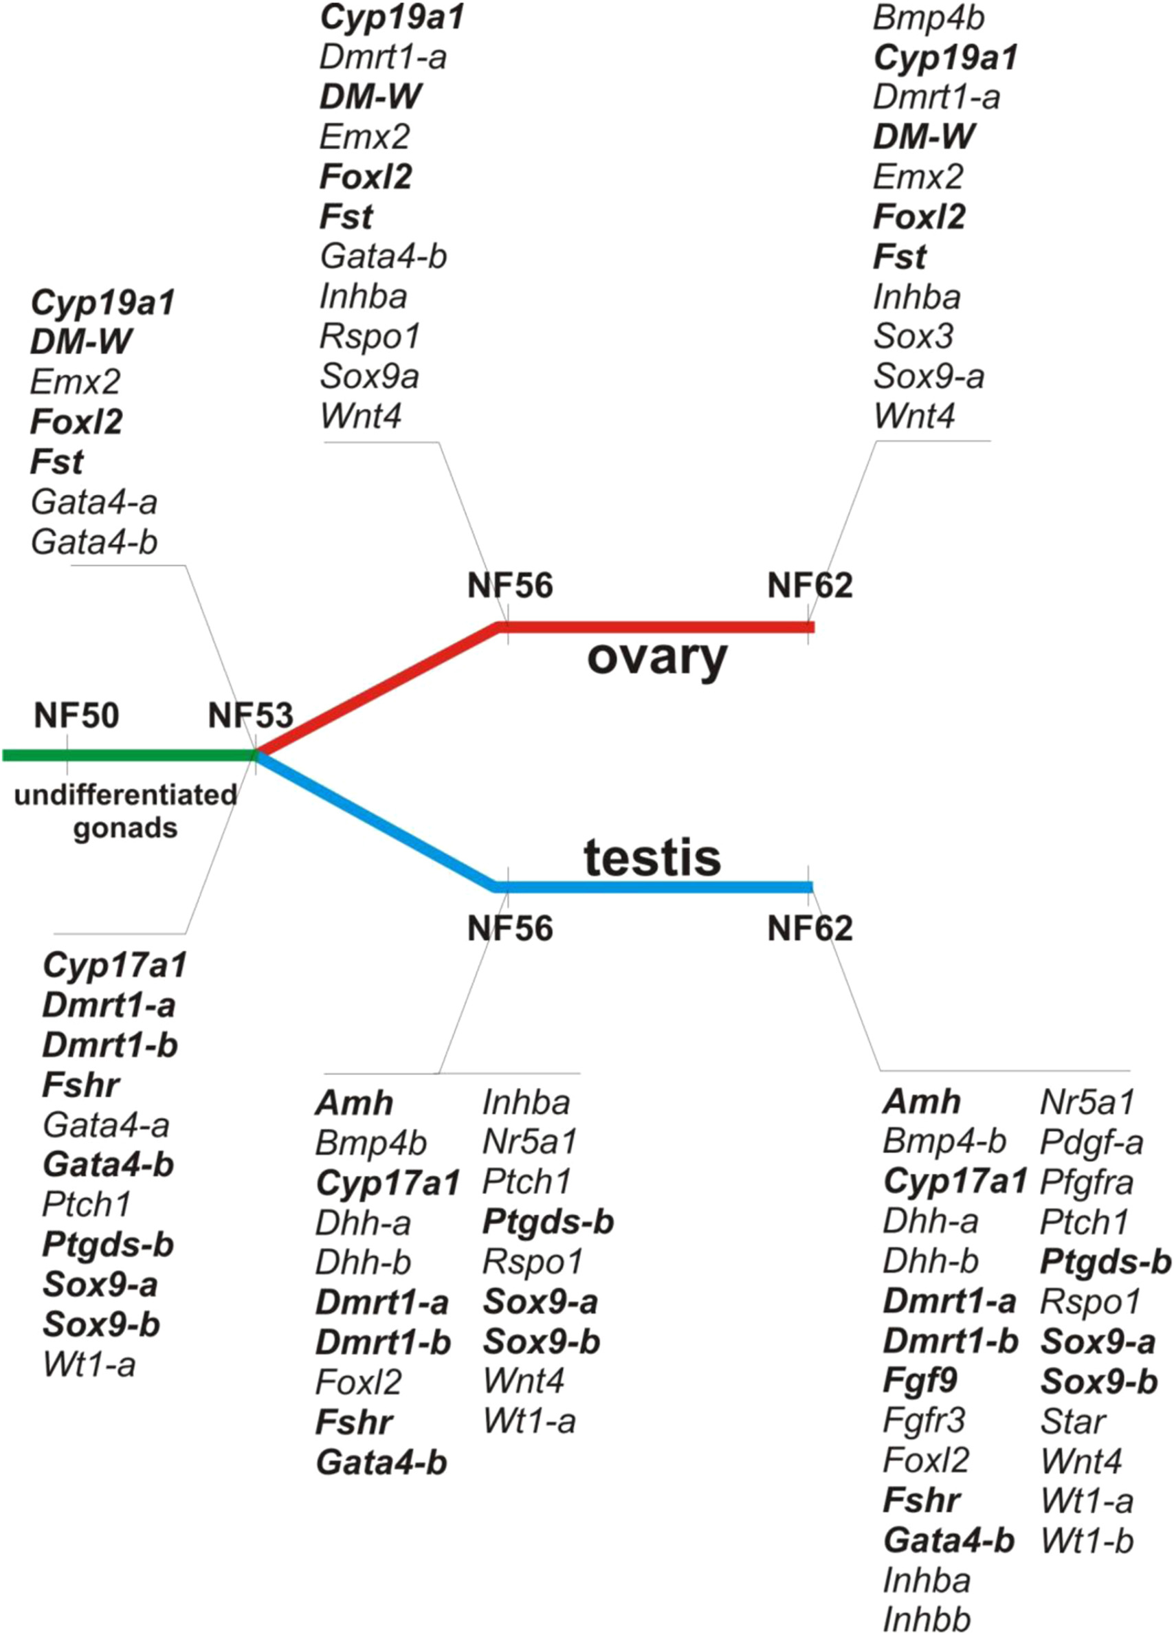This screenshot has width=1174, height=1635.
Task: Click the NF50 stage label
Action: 76,716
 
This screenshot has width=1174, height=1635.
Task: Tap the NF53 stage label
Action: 250,716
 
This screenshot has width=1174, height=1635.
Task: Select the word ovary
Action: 657,658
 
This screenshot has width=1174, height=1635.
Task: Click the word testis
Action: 652,858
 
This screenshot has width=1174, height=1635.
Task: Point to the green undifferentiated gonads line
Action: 130,755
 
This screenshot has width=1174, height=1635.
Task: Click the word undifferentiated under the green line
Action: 126,795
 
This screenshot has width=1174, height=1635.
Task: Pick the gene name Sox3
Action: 913,337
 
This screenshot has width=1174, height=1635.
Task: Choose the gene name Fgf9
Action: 920,1381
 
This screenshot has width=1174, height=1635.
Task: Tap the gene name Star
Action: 1073,1422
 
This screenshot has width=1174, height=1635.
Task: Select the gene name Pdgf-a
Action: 1091,1142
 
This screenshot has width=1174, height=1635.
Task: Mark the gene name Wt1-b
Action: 1087,1541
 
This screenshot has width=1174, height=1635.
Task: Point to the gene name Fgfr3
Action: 924,1422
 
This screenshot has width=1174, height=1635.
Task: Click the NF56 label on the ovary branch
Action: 510,586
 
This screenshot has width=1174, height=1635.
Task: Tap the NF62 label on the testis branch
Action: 810,928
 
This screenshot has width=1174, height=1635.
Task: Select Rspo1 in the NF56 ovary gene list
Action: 369,337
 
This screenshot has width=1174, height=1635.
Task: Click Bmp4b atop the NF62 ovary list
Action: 928,19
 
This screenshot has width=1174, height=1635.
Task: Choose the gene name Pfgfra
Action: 1087,1182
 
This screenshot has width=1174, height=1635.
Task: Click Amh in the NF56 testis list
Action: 354,1103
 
